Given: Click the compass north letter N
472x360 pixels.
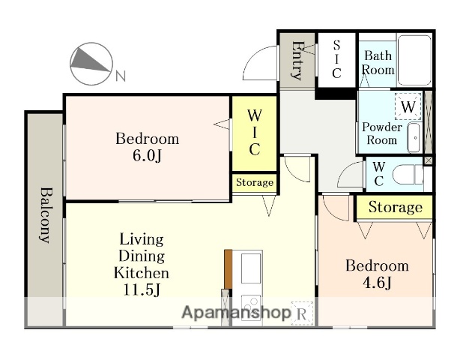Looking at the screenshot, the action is click(x=121, y=76).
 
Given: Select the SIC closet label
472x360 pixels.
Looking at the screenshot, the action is click(x=336, y=59).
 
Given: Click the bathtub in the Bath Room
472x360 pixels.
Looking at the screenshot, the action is click(x=414, y=60).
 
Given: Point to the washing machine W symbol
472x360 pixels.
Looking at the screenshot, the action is click(x=408, y=106).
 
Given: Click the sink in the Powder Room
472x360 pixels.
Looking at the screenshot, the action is click(x=415, y=138).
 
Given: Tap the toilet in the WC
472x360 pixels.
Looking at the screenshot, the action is click(x=408, y=174).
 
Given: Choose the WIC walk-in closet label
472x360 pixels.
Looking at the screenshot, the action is click(x=255, y=132).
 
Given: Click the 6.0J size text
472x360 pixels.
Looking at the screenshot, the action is click(x=147, y=156).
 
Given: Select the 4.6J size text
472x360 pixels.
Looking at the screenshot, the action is click(x=377, y=283).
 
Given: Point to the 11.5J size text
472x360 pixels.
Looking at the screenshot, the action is click(x=142, y=289).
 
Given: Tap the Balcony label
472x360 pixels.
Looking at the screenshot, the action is click(x=46, y=214).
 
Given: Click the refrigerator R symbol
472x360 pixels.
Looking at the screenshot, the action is click(x=302, y=313).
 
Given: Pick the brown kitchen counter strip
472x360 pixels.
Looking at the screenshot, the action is click(x=229, y=269).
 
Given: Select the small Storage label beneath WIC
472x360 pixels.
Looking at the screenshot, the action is click(x=255, y=182).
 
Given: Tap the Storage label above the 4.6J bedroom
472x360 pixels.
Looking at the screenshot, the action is click(x=396, y=207).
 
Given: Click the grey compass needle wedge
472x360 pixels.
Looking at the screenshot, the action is click(x=89, y=60).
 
